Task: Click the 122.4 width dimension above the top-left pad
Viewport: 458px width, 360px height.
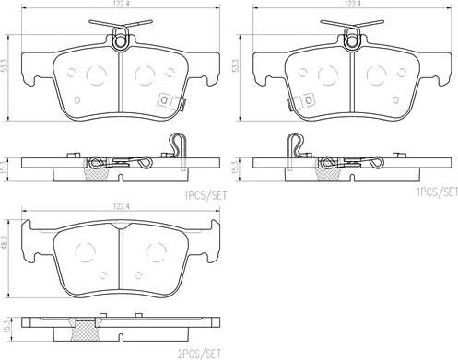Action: click(x=121, y=4)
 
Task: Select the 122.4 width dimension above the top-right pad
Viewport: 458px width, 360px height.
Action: click(x=352, y=4)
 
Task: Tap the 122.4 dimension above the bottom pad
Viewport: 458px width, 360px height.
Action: click(x=121, y=207)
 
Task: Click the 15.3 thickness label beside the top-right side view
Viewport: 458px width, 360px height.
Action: click(x=236, y=168)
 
